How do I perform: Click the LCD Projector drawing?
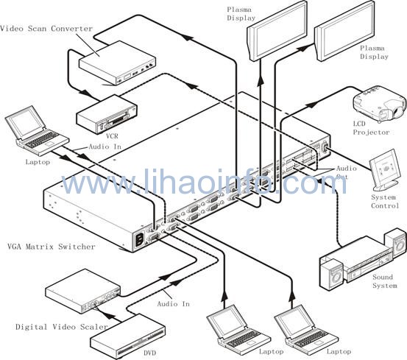tap(379, 103)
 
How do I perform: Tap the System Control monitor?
tap(384, 169)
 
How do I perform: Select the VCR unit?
tap(107, 114)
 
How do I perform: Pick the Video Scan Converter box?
tap(117, 63)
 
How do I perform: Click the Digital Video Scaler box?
tap(83, 292)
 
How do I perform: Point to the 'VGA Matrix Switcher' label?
tap(51, 247)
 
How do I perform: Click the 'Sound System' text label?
tap(385, 281)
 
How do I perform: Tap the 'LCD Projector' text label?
tap(371, 128)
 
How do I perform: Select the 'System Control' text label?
tap(384, 202)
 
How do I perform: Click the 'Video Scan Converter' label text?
tap(46, 28)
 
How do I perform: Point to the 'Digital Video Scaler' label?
tap(62, 327)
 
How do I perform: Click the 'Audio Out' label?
tap(346, 172)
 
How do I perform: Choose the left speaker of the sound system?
tap(332, 275)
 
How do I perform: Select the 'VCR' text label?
tap(112, 135)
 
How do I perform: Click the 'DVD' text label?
tap(150, 353)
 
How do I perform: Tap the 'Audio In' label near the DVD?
tap(174, 303)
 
